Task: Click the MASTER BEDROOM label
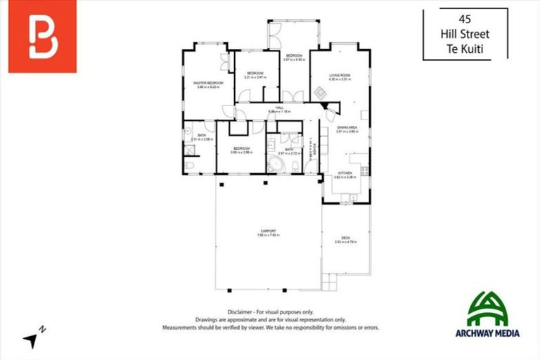point(208,83)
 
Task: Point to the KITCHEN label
point(345,173)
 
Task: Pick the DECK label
point(346,238)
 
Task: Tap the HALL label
point(279,108)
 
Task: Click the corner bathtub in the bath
point(274,165)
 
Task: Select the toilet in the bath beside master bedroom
point(189,165)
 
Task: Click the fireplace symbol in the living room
point(319,91)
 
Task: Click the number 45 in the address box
point(464,18)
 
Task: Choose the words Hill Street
point(464,34)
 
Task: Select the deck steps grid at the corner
point(330,281)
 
